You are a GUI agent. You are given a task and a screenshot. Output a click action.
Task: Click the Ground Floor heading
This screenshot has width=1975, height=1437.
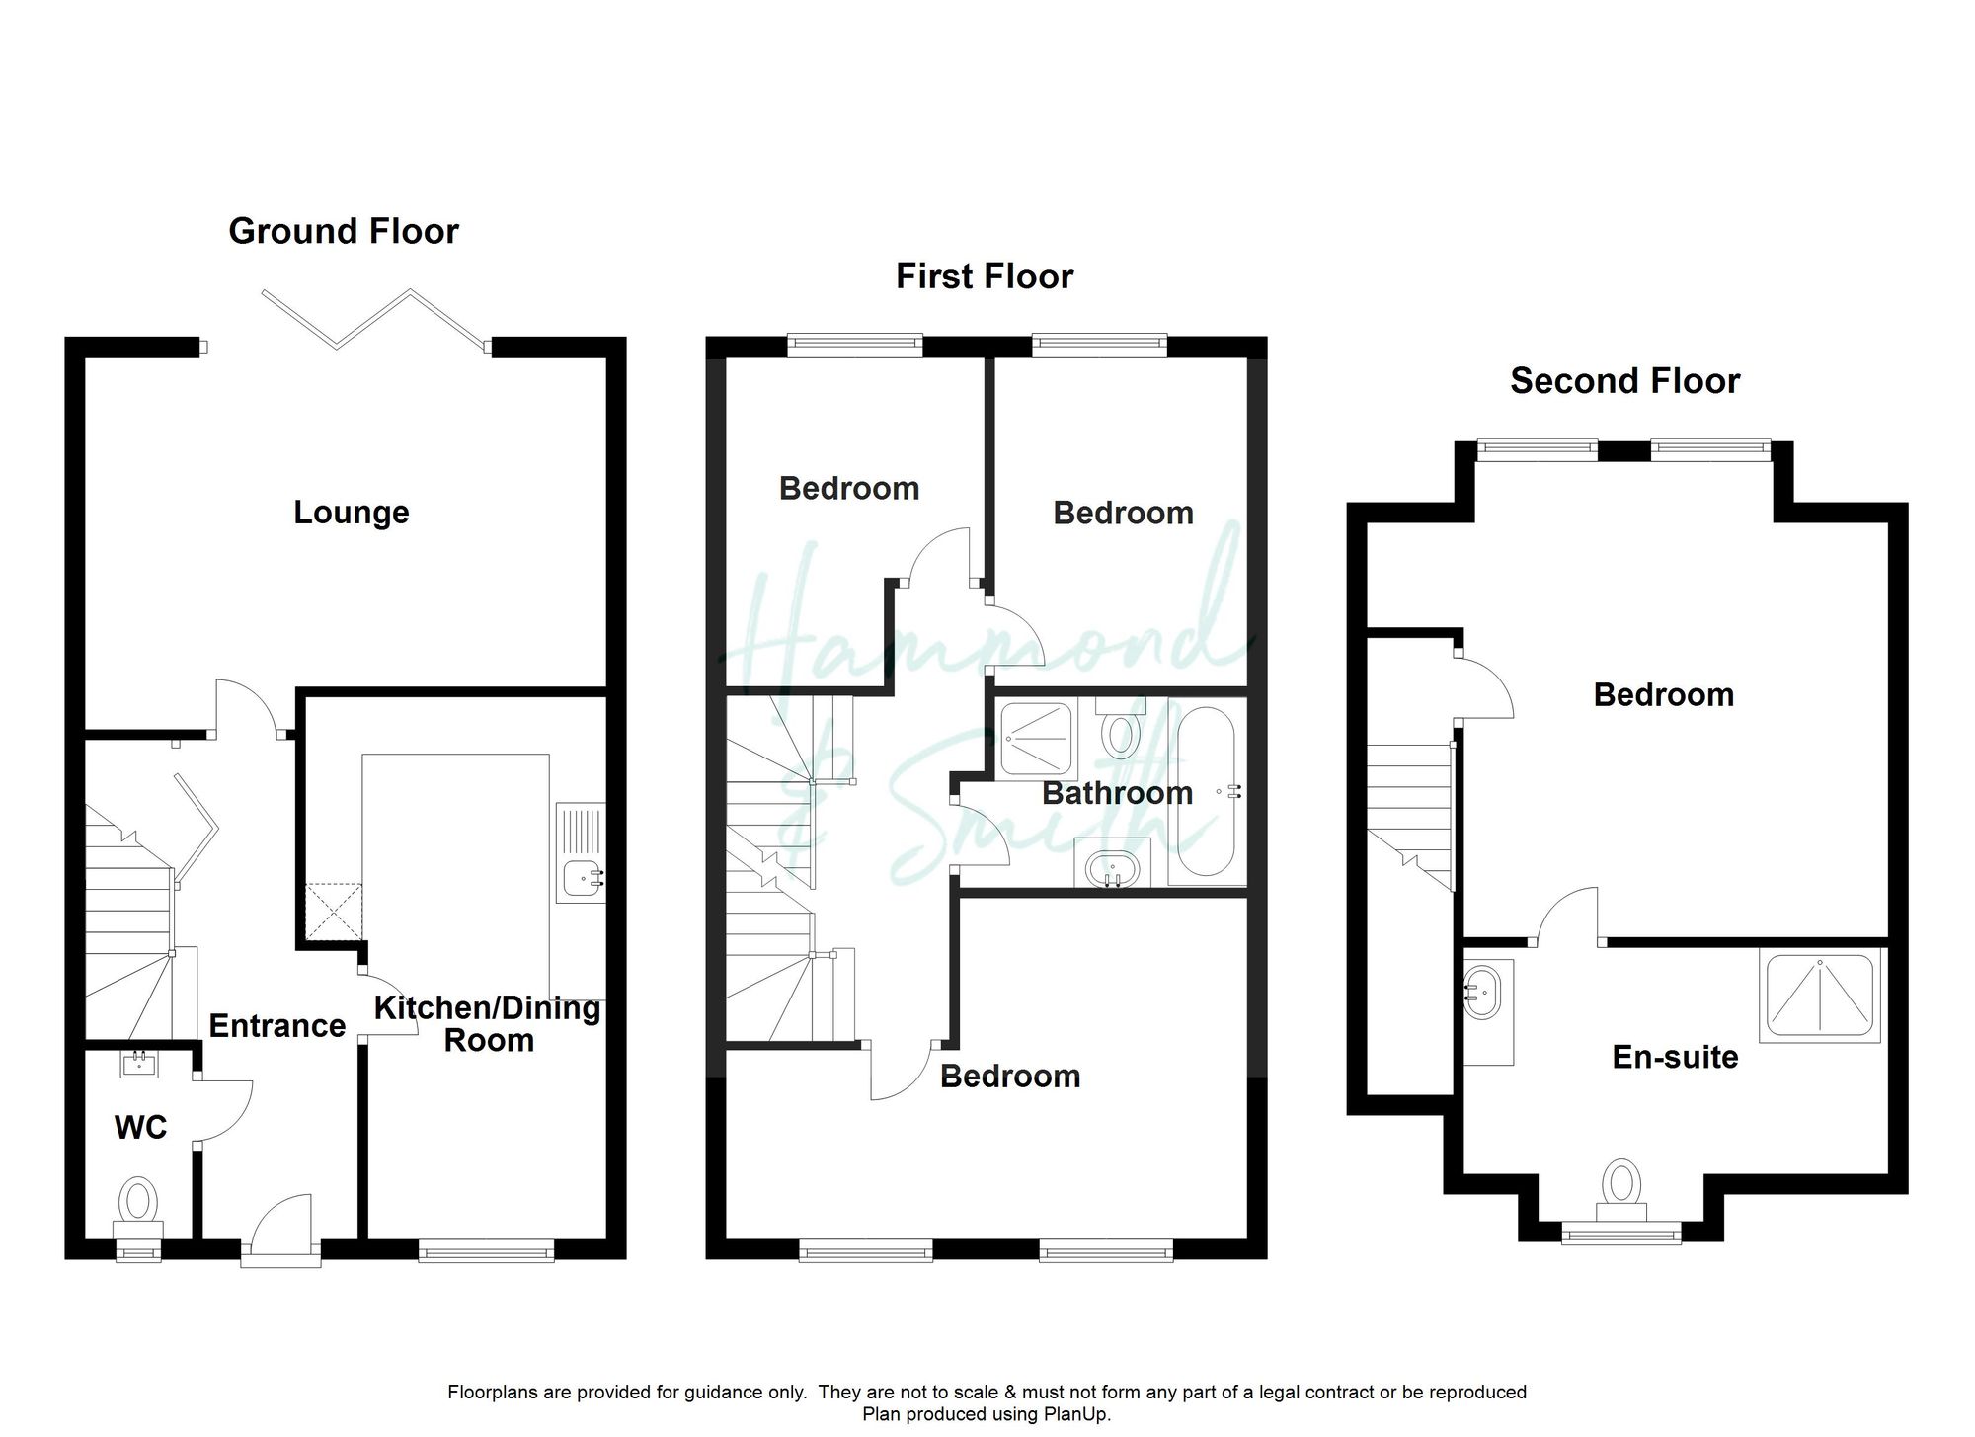pyautogui.click(x=344, y=231)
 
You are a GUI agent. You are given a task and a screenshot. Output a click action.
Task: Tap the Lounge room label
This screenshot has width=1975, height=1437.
pyautogui.click(x=351, y=513)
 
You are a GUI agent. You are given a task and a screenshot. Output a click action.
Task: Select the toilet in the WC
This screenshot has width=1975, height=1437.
pyautogui.click(x=138, y=1203)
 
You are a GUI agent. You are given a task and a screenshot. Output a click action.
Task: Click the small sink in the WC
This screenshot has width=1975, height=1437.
pyautogui.click(x=137, y=1064)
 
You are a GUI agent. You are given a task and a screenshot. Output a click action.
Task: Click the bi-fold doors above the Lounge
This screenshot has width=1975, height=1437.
pyautogui.click(x=375, y=318)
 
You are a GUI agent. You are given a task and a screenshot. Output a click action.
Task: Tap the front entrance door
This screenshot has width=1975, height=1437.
pyautogui.click(x=281, y=1230)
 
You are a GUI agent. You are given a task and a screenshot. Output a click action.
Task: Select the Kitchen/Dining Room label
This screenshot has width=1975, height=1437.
pyautogui.click(x=488, y=1023)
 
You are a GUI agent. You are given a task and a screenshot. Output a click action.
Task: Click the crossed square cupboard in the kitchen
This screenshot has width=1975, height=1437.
pyautogui.click(x=333, y=912)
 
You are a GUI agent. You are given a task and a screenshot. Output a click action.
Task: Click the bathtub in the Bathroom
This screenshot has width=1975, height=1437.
pyautogui.click(x=1207, y=792)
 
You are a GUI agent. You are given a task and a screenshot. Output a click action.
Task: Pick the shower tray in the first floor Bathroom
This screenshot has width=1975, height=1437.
pyautogui.click(x=1036, y=738)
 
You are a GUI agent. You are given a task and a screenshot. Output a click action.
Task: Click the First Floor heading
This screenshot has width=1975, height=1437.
pyautogui.click(x=984, y=277)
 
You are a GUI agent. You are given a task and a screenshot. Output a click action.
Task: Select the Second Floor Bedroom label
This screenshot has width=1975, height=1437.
pyautogui.click(x=1663, y=695)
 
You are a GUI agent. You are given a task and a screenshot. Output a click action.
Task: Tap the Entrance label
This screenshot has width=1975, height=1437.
pyautogui.click(x=276, y=1026)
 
